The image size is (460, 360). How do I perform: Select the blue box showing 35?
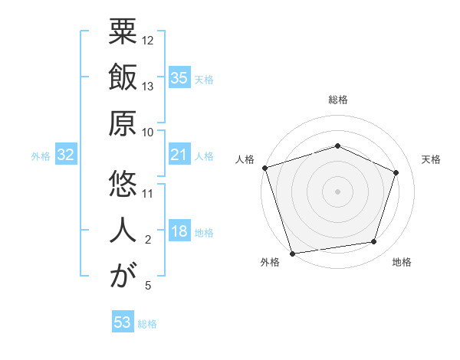point(179,77)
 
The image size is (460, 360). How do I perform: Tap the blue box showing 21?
point(179,155)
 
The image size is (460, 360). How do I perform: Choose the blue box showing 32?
point(66,155)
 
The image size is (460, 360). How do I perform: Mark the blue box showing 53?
point(123,322)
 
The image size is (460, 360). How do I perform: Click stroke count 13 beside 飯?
point(148,86)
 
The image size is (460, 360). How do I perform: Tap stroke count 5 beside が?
point(148,286)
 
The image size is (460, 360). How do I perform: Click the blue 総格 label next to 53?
point(147,324)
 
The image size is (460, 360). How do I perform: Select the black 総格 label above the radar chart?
point(338,100)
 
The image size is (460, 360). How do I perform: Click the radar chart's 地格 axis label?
point(402,262)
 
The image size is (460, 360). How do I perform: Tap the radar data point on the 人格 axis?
point(264,168)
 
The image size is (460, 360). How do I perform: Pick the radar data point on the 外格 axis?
point(292,253)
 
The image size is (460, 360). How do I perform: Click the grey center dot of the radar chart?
point(338,191)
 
